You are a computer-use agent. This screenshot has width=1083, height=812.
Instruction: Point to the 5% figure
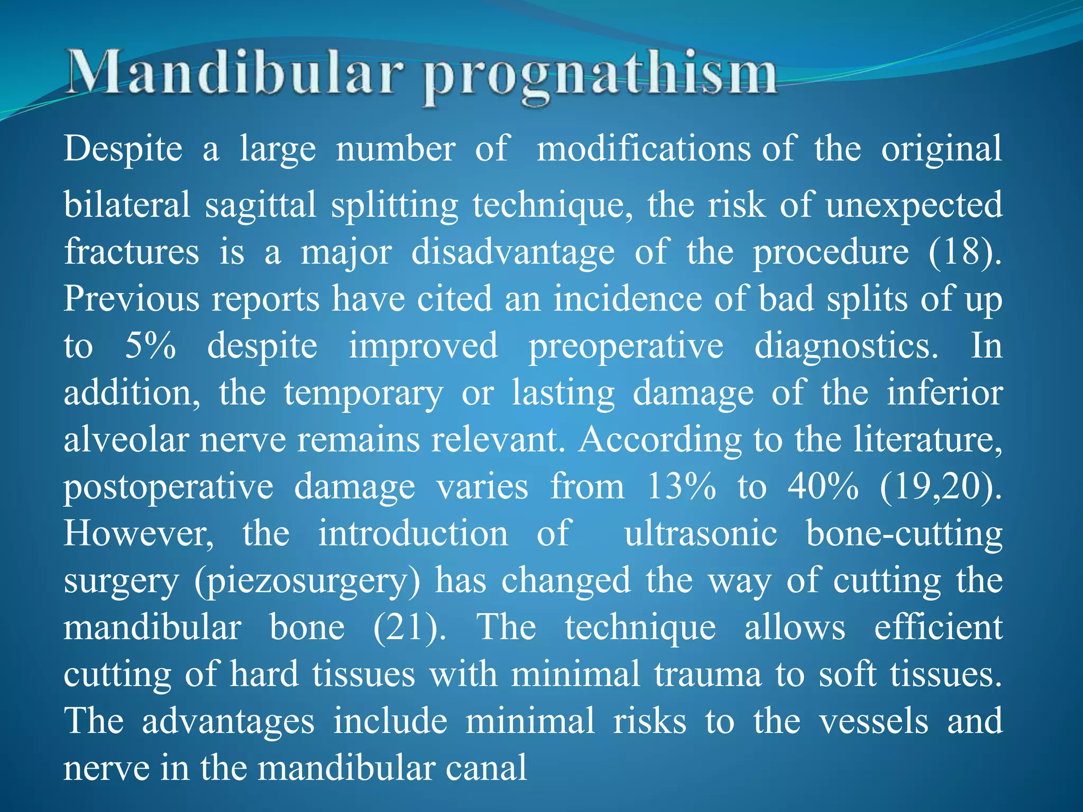150,347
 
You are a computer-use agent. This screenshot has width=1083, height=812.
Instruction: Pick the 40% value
823,487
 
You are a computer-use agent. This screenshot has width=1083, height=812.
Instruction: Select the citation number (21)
409,628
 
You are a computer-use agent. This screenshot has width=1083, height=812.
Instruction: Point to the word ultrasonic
701,534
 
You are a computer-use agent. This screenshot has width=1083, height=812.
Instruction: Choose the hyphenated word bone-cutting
904,534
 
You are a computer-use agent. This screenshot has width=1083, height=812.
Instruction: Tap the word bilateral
127,205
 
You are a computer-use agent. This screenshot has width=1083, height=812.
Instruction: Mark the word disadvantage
513,253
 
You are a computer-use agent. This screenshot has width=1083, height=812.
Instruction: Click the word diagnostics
846,347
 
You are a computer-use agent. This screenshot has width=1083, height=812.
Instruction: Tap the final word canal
486,769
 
